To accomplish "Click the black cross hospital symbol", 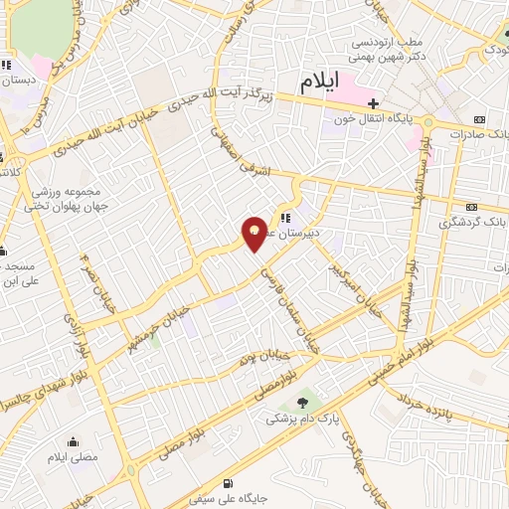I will coord(373,103).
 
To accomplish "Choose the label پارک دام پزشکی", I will coord(301,420).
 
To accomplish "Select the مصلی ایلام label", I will coord(73,457).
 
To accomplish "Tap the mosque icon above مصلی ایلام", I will coord(73,440).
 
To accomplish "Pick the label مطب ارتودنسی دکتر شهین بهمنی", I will coord(389,49).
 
